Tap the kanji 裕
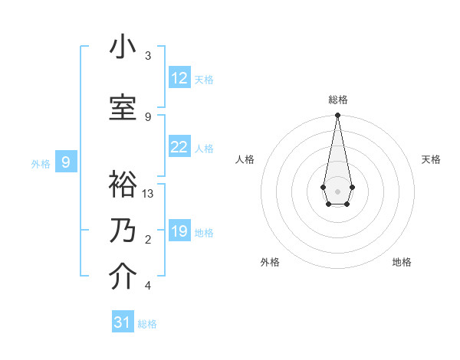[x=123, y=185]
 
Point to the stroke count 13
[x=148, y=194]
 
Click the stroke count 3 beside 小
[x=148, y=56]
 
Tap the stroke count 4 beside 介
[x=148, y=286]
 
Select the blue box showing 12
[x=179, y=78]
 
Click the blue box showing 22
[x=179, y=147]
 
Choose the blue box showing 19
[x=179, y=231]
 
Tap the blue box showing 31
[x=123, y=322]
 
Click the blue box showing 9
[x=66, y=162]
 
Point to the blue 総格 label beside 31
[x=147, y=324]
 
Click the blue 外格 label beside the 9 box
[x=41, y=163]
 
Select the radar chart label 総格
[x=337, y=100]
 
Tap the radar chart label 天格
[x=432, y=159]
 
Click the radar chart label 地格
[x=402, y=262]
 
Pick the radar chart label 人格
[x=245, y=159]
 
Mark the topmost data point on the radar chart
[x=337, y=116]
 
